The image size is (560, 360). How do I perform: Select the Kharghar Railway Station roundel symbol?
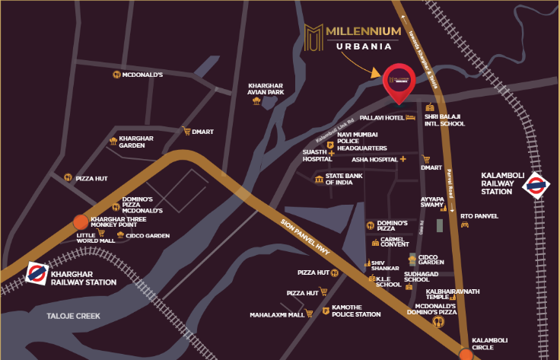37,273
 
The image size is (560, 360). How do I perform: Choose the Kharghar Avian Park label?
266,88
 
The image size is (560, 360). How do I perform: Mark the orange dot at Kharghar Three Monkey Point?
80,222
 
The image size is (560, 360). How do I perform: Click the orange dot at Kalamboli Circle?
465,353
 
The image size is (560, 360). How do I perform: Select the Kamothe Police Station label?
357,311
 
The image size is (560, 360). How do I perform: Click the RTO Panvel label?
479,215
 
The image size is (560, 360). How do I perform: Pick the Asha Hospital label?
374,159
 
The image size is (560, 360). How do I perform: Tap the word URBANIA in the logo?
364,46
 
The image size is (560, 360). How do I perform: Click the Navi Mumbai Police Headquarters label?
362,141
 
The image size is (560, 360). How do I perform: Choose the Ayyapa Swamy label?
433,202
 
